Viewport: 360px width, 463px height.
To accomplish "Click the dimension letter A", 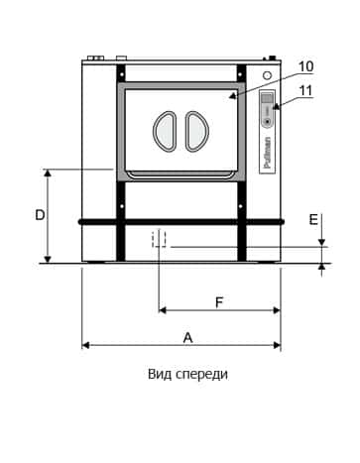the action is (x=187, y=338).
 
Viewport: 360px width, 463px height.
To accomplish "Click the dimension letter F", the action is (x=219, y=302).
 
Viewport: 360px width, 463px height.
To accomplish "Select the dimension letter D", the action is (x=40, y=215).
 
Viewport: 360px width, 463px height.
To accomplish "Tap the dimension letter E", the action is (x=313, y=219).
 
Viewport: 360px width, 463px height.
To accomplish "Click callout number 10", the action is (x=305, y=66).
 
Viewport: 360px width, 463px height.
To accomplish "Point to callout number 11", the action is (x=305, y=91).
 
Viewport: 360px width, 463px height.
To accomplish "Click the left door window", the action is (x=165, y=132).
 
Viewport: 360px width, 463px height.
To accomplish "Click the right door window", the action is (x=196, y=132).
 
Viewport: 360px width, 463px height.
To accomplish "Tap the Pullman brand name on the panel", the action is (x=268, y=153).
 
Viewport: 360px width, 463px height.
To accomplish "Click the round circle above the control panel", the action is (x=267, y=75).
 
